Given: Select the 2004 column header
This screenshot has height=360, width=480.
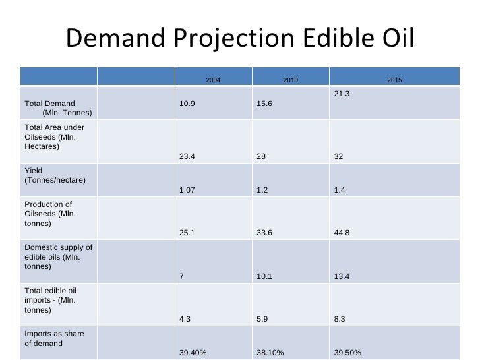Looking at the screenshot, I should coord(213,80).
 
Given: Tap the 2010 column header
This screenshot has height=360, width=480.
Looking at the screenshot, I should coord(291,80).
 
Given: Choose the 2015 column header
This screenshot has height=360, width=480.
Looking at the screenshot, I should coord(394,80).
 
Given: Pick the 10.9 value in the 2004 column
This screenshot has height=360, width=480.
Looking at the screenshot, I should coord(187,104).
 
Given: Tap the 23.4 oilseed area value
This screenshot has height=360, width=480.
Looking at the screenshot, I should coord(187,157).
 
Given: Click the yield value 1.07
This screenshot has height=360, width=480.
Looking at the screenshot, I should coord(188,190).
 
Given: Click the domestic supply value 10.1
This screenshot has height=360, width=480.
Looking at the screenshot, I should coord(264,276).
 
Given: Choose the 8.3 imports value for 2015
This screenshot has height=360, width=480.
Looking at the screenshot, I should coord(340,320).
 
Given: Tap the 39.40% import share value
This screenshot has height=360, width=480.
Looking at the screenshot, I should coord(193,353).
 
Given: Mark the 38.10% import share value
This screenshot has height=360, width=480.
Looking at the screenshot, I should coord(270,353).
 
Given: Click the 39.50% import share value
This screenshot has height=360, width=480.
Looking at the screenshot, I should coord(348,353).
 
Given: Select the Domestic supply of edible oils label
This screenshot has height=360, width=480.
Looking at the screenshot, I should coord(58,257).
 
